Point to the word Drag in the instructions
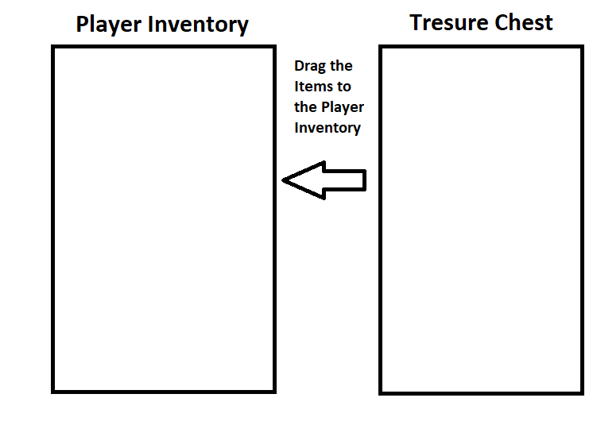(310, 66)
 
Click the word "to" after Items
(344, 87)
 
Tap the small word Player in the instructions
(343, 107)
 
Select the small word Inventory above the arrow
(328, 127)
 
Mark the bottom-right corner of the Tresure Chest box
(581, 392)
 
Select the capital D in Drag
(300, 66)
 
